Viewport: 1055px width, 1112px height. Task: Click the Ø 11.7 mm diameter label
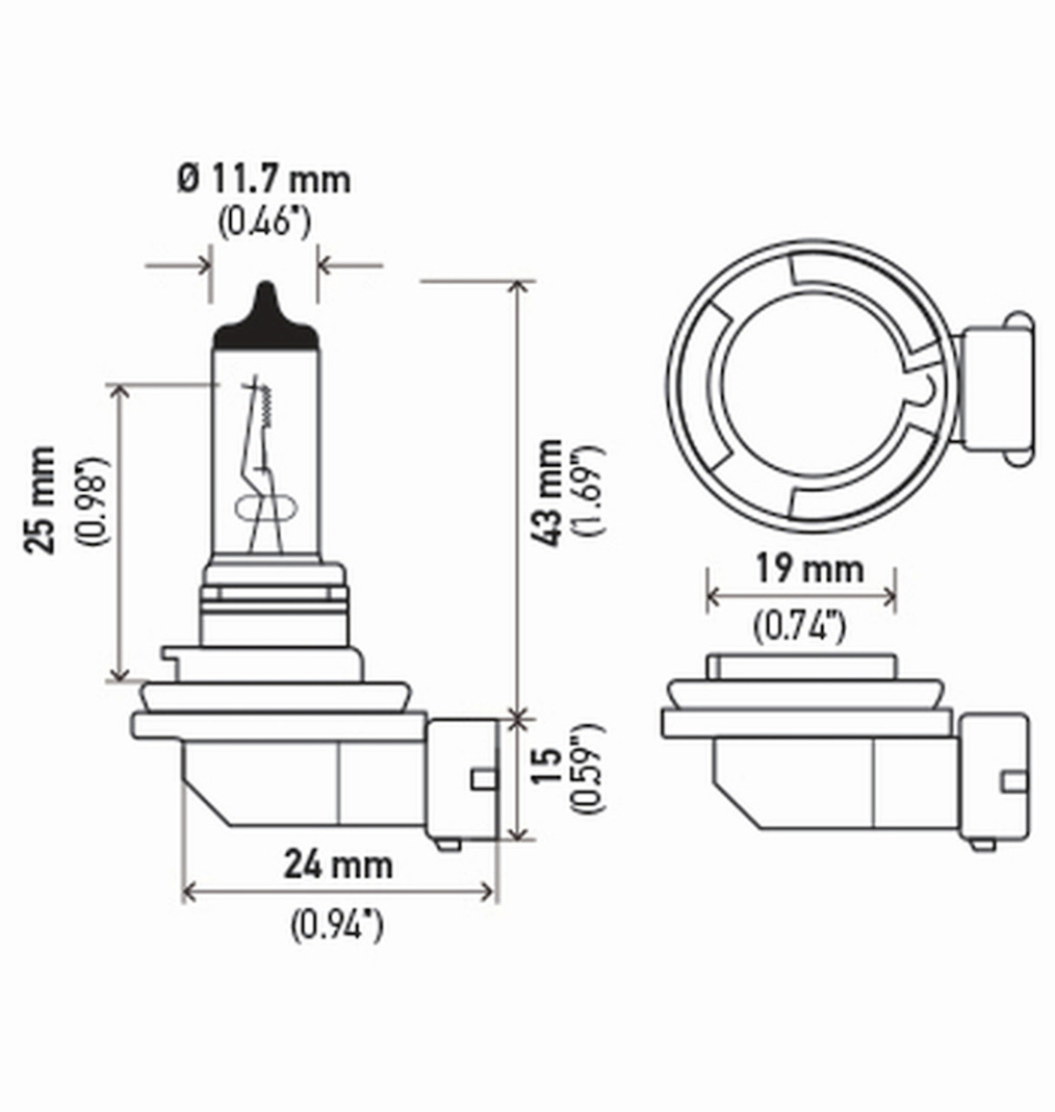pos(264,180)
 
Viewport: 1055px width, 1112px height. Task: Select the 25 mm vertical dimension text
pos(41,500)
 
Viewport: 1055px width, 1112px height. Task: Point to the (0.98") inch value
pos(94,500)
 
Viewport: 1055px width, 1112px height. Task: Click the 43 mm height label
pos(550,493)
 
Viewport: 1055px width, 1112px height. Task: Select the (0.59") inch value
pos(590,767)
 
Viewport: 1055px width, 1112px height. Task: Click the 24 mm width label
pos(338,864)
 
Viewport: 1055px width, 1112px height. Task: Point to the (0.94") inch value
pos(337,924)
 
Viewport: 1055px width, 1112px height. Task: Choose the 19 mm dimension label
pos(808,569)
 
